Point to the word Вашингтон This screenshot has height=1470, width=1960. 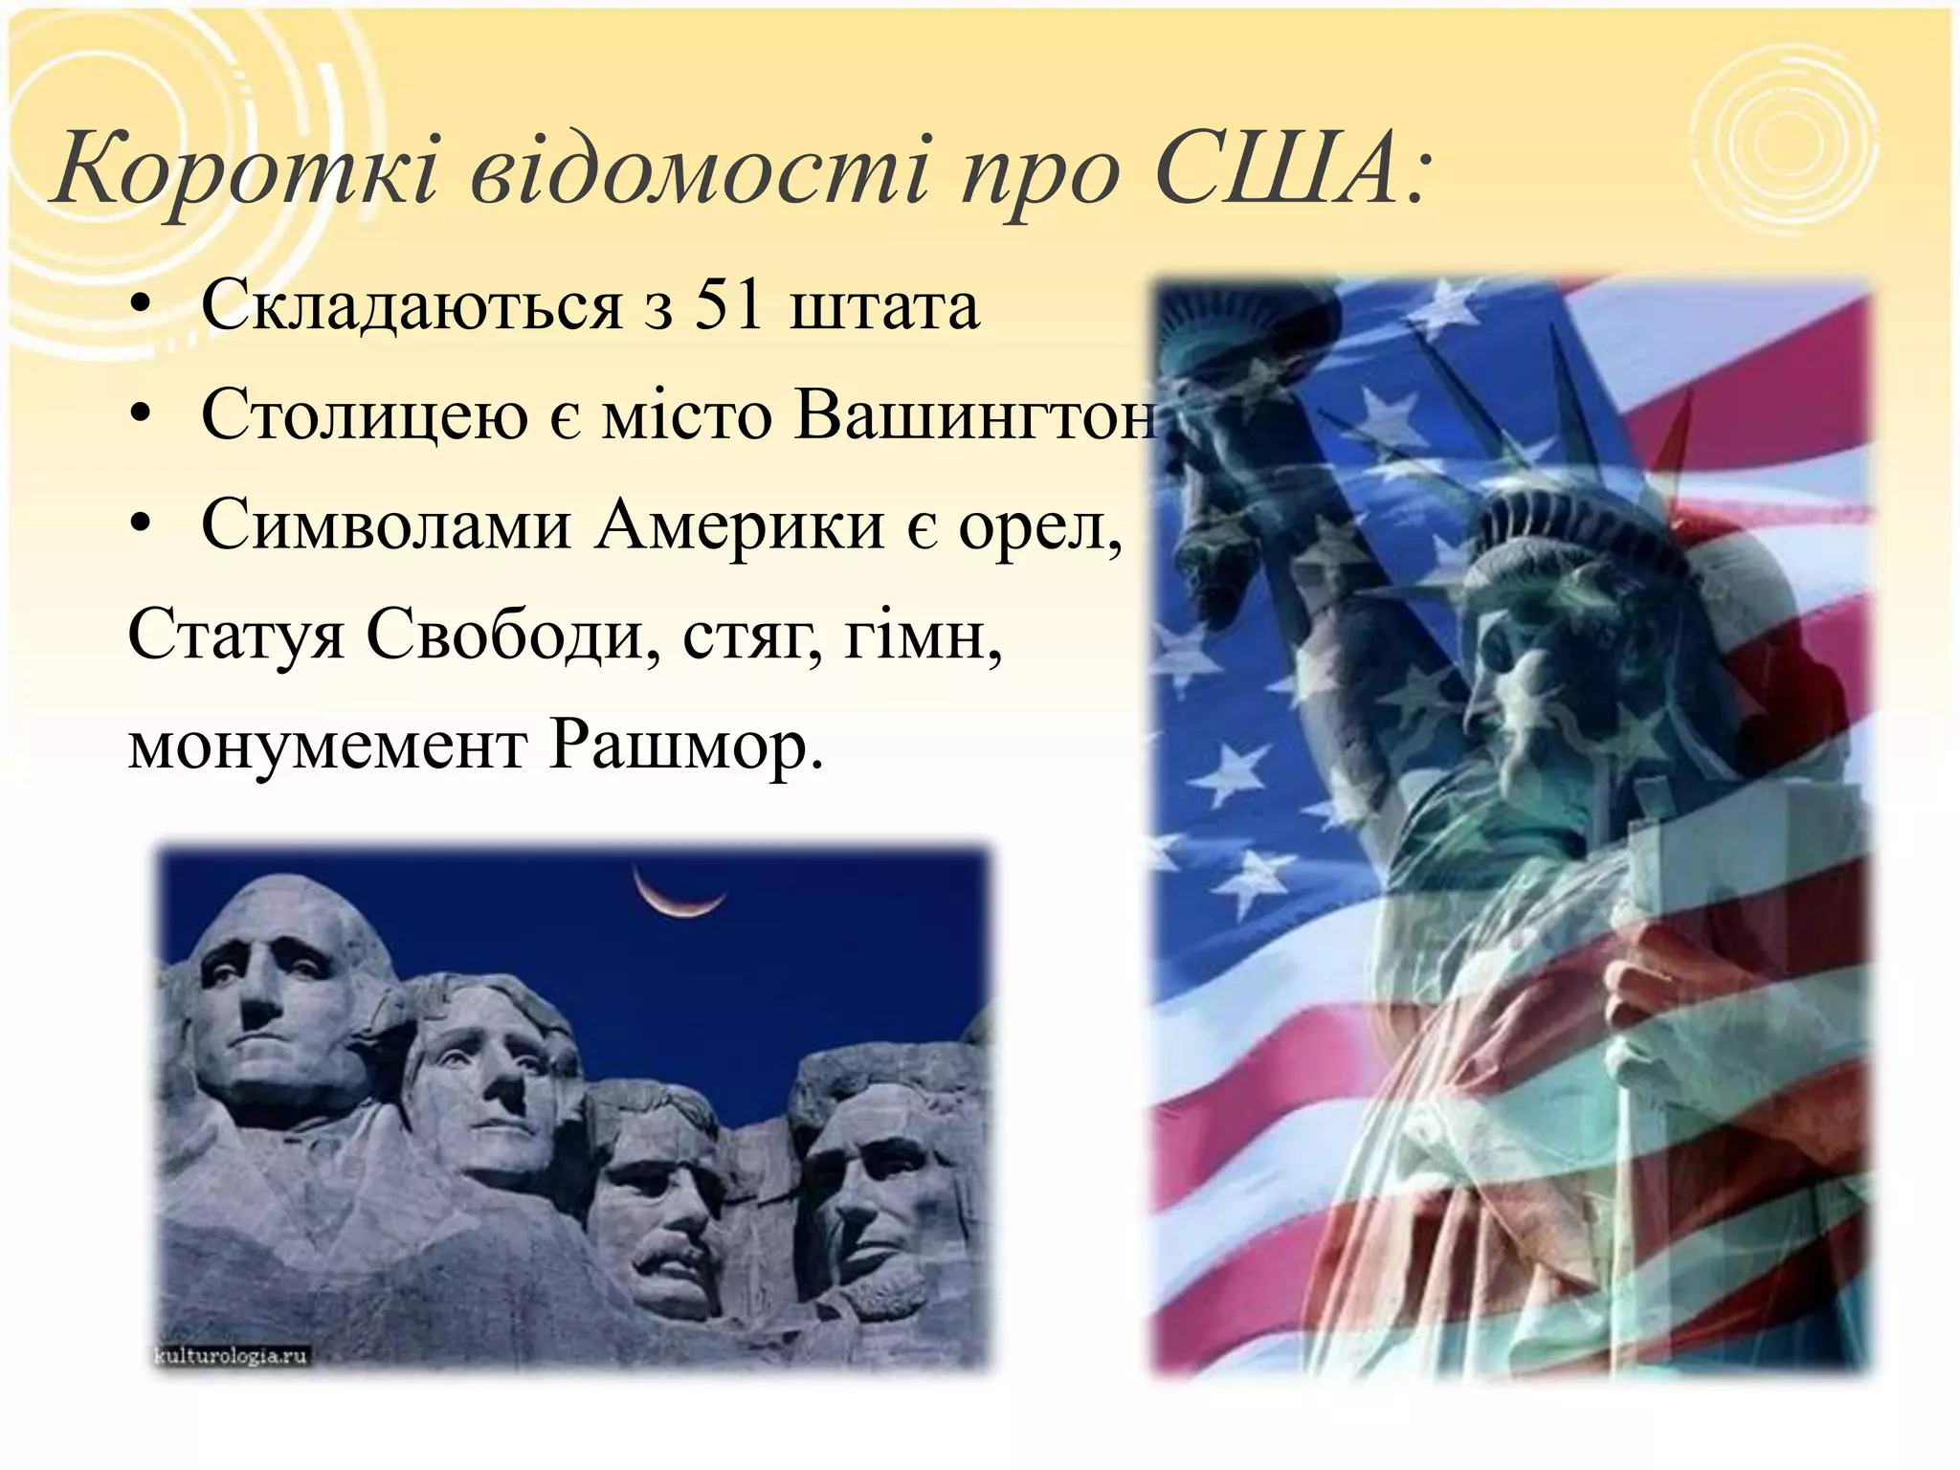click(976, 416)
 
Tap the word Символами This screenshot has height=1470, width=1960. click(386, 525)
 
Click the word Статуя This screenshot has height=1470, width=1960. click(235, 635)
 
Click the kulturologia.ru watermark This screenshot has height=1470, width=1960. click(231, 1356)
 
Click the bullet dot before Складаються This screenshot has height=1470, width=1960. click(142, 307)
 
